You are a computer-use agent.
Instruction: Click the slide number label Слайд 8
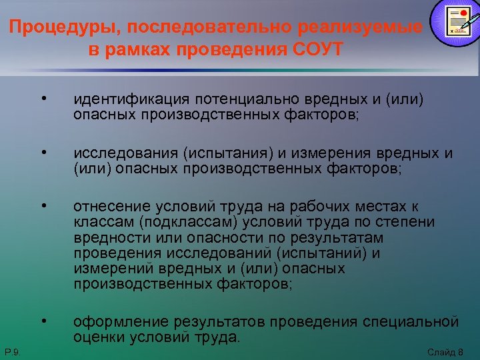[x=445, y=351]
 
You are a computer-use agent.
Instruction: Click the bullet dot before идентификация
[x=43, y=100]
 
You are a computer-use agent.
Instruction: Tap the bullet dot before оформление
[x=43, y=323]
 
